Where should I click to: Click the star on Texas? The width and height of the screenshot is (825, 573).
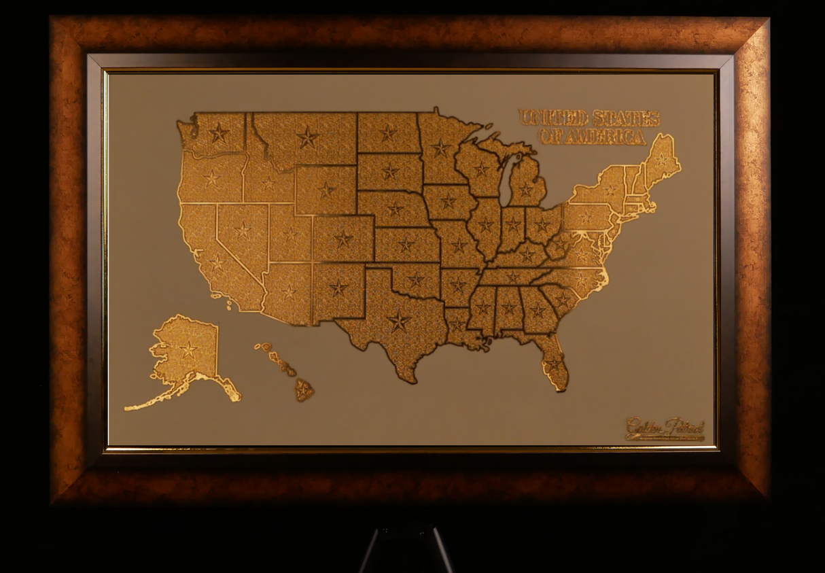coord(398,321)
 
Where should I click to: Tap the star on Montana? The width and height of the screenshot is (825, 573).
coord(307,138)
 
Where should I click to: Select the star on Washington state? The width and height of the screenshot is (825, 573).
coord(218,133)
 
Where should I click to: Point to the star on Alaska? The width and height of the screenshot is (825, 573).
coord(188,349)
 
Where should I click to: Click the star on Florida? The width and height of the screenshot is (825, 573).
coord(554,364)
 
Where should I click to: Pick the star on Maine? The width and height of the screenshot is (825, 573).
coord(661,160)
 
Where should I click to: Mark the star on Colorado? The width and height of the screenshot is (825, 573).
coord(343,239)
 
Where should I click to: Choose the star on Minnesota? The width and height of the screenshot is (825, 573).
coord(441,147)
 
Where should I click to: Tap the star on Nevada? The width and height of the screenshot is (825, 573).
coord(243,230)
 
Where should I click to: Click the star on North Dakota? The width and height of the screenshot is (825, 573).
coord(388,133)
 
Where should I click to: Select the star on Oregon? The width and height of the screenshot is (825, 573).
coord(212,179)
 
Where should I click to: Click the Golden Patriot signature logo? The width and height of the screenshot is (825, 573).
coord(665,429)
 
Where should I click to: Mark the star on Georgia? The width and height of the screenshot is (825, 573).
coord(538,311)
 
